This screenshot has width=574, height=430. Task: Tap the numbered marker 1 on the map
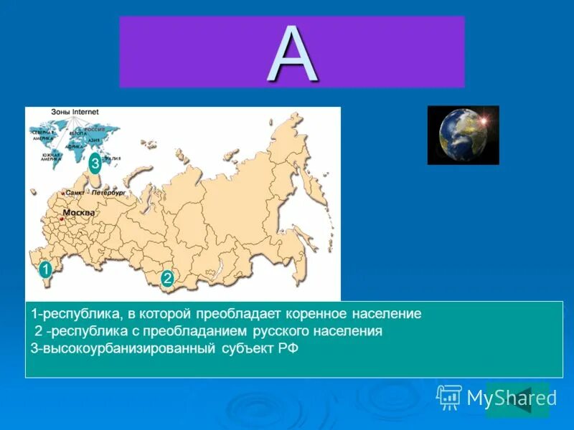pyautogui.click(x=44, y=269)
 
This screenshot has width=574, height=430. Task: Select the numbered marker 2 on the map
pyautogui.click(x=167, y=278)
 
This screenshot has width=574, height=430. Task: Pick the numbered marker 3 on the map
pyautogui.click(x=95, y=165)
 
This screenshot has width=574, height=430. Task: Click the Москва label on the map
pyautogui.click(x=78, y=213)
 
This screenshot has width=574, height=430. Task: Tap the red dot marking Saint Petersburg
pyautogui.click(x=64, y=193)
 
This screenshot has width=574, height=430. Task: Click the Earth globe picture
pyautogui.click(x=462, y=135)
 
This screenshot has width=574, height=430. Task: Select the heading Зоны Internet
pyautogui.click(x=75, y=112)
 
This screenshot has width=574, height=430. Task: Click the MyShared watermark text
pyautogui.click(x=511, y=398)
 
